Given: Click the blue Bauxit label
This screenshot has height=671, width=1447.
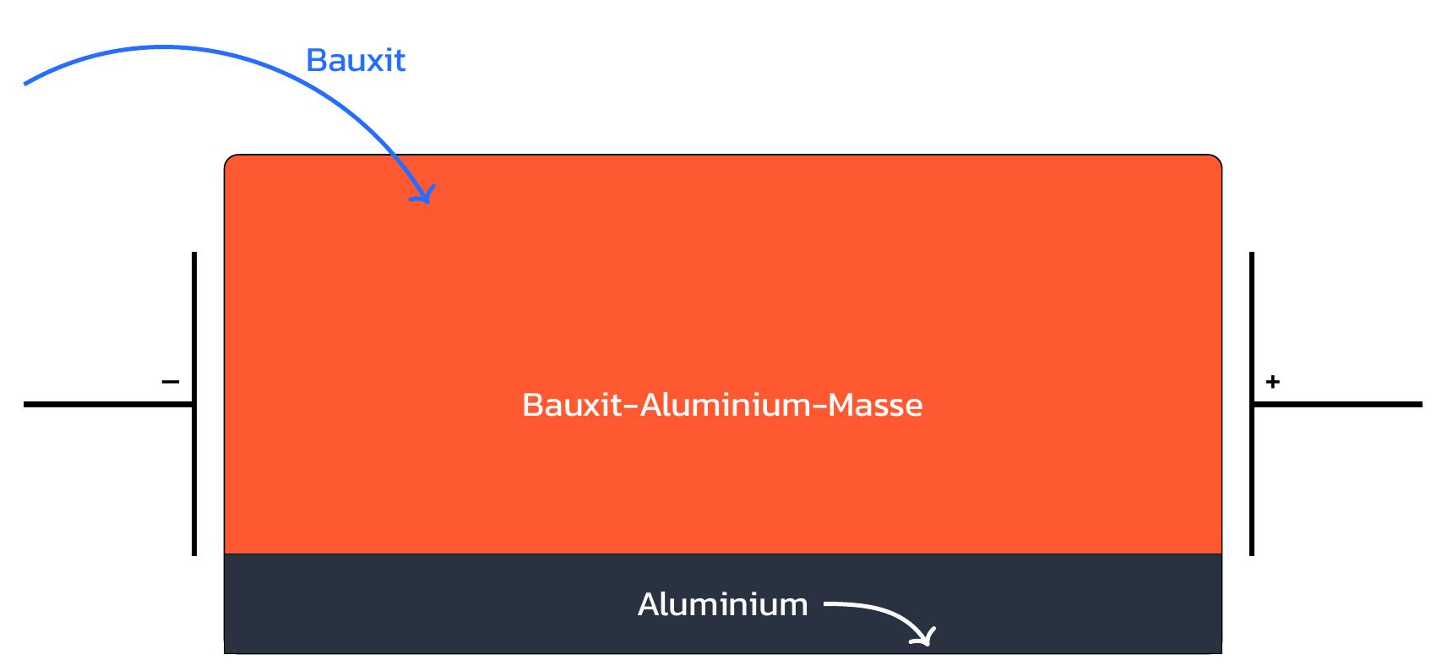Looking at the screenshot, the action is (356, 60).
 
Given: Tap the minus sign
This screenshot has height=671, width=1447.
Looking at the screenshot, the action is (170, 382).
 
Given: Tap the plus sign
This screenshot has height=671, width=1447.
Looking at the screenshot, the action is (1272, 382).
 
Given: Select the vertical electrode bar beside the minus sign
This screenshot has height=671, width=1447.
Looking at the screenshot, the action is (194, 473).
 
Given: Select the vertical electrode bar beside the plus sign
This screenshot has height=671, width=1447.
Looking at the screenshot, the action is (1251, 473).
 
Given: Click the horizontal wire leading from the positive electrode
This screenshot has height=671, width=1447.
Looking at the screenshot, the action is (1343, 404).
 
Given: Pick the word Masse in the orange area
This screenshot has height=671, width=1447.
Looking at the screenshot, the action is (875, 405).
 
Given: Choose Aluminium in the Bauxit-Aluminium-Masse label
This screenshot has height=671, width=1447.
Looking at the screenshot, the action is (725, 405).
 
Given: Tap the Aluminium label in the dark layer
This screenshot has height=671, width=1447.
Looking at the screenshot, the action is (722, 605).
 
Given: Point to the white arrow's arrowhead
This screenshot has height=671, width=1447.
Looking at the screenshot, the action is (927, 639).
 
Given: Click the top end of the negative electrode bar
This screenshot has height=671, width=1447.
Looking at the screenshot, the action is (194, 254).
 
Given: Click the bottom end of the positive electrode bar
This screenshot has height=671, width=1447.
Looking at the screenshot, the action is (1251, 553).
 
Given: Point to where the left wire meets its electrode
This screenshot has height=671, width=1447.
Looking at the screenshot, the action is (193, 404).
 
